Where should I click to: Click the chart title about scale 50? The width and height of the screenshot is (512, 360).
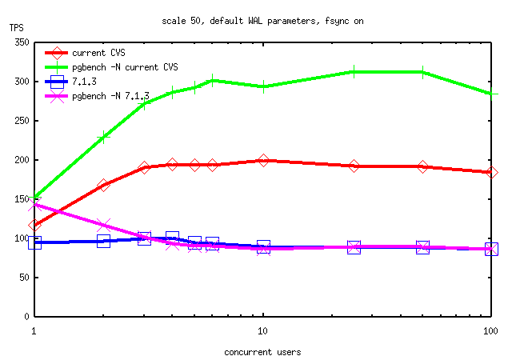pos(262,21)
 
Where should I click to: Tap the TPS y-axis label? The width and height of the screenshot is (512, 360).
pos(17,28)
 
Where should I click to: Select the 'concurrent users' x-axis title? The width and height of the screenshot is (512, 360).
pos(262,351)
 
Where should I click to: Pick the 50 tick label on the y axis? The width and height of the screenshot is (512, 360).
pos(23,278)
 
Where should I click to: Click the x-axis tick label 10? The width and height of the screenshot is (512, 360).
pos(263,330)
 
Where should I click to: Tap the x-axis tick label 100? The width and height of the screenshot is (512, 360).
pos(491,330)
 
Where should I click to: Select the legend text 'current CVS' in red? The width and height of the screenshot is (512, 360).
pos(95,53)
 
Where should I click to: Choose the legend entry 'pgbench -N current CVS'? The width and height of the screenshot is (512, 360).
pos(125,66)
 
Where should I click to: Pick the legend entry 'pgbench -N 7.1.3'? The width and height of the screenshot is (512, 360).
pos(110,95)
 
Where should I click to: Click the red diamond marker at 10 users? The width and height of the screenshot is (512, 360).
pos(263,161)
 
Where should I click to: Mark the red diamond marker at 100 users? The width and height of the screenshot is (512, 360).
pos(492,172)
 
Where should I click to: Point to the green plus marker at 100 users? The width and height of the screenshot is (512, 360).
pos(492,94)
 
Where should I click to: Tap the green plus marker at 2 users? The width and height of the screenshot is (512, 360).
pos(103,138)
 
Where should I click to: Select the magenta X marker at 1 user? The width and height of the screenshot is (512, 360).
pos(34,204)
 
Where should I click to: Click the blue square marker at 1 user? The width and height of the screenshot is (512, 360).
pos(34,242)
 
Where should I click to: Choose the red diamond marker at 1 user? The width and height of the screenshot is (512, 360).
pos(34,226)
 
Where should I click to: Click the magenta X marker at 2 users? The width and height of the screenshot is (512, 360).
pos(103,226)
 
